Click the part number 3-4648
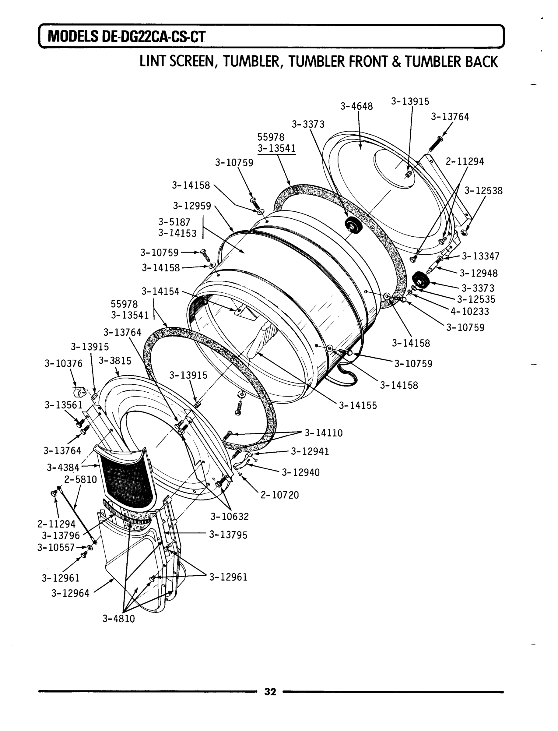coord(356,106)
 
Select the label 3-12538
coord(483,191)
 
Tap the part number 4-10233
coord(470,311)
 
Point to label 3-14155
coord(358,405)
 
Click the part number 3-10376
coord(63,363)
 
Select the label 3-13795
coord(228,535)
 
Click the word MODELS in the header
coord(73,37)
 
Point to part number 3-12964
coord(70,593)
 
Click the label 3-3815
coord(115,361)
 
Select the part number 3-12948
coord(479,273)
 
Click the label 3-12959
coord(192,206)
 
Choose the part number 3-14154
coord(160,291)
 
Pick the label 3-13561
coord(63,405)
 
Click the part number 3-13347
coord(481,256)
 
